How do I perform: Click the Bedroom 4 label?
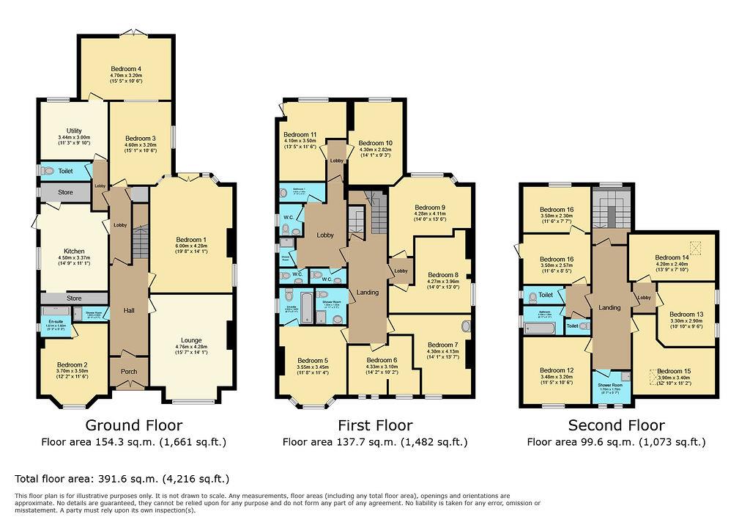point(126,69)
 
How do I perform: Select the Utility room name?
point(74,131)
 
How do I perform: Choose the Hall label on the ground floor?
point(129,311)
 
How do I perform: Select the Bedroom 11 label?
point(300,135)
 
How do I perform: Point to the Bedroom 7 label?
point(442,345)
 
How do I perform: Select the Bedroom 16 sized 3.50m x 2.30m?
point(557,209)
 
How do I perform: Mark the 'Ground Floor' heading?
point(133,425)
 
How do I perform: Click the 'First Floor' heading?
point(374,425)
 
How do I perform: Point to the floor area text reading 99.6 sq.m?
point(616,442)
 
